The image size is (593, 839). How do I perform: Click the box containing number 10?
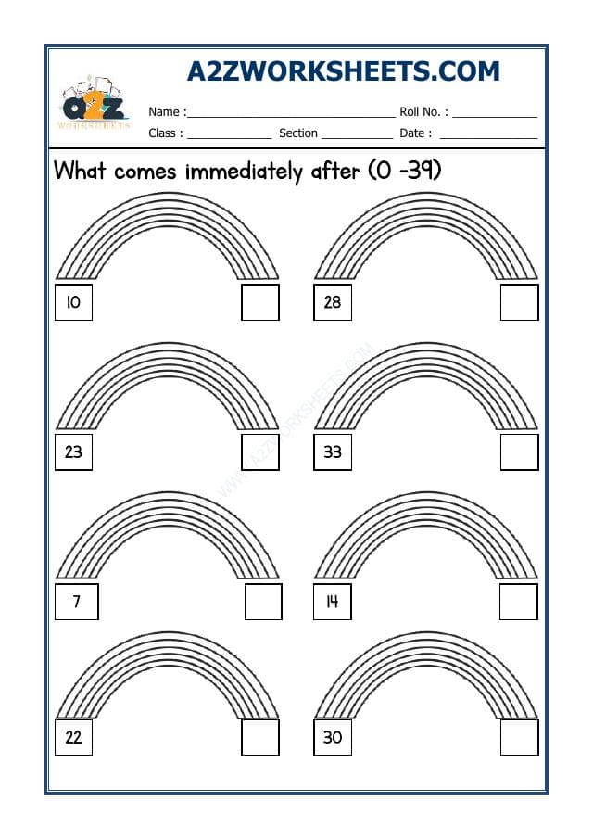pyautogui.click(x=73, y=302)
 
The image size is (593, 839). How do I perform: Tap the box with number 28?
pyautogui.click(x=332, y=302)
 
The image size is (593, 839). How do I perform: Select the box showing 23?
pyautogui.click(x=73, y=452)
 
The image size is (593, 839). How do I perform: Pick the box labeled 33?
pyautogui.click(x=332, y=452)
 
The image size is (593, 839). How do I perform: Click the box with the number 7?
pyautogui.click(x=77, y=602)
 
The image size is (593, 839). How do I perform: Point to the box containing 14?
pyautogui.click(x=332, y=602)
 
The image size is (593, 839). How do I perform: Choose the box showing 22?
pyautogui.click(x=73, y=738)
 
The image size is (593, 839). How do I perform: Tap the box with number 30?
pyautogui.click(x=332, y=738)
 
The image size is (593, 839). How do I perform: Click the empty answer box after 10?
pyautogui.click(x=260, y=302)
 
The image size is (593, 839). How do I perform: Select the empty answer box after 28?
pyautogui.click(x=519, y=302)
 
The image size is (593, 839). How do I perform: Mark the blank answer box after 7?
pyautogui.click(x=263, y=602)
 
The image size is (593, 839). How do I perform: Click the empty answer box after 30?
pyautogui.click(x=519, y=738)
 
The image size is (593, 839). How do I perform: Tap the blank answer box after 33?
pyautogui.click(x=519, y=452)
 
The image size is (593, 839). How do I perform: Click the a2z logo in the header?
pyautogui.click(x=95, y=103)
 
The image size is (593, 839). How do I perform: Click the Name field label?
pyautogui.click(x=168, y=112)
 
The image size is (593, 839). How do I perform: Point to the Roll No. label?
pyautogui.click(x=424, y=112)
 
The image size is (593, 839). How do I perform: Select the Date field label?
pyautogui.click(x=415, y=133)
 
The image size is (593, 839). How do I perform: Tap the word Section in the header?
pyautogui.click(x=298, y=133)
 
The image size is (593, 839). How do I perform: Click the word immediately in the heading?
pyautogui.click(x=244, y=172)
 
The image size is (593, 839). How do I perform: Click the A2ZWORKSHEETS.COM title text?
pyautogui.click(x=343, y=71)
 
